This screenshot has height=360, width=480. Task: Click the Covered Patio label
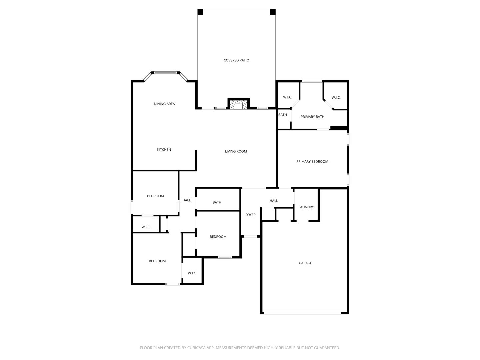(x=236, y=60)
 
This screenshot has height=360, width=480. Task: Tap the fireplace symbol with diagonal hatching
(x=238, y=105)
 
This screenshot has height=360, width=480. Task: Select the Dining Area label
(x=164, y=104)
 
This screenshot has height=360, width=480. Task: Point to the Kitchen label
(x=164, y=150)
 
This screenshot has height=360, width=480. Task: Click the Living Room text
(x=236, y=151)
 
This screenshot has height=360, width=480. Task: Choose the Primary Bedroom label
(x=312, y=162)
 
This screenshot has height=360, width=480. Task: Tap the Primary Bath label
(x=312, y=117)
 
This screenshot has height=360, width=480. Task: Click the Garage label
(x=305, y=263)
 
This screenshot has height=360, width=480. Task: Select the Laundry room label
(x=306, y=207)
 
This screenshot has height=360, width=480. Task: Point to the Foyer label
(x=250, y=215)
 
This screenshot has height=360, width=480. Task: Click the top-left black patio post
(x=200, y=12)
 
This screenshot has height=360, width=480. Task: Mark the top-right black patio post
(x=273, y=12)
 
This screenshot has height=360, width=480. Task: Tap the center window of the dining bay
(x=165, y=73)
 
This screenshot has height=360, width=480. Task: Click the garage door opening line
(x=303, y=313)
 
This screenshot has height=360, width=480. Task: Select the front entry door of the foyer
(x=250, y=237)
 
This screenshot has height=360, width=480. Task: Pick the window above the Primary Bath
(x=312, y=81)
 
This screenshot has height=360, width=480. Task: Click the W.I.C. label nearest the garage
(x=192, y=273)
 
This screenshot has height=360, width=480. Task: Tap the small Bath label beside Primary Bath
(x=283, y=115)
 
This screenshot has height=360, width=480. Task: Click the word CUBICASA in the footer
(x=196, y=348)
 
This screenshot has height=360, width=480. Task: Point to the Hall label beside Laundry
(x=274, y=201)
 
